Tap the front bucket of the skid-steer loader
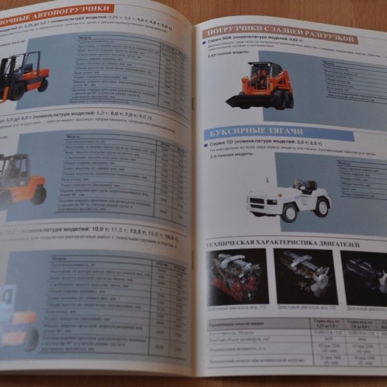tap(241, 101)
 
